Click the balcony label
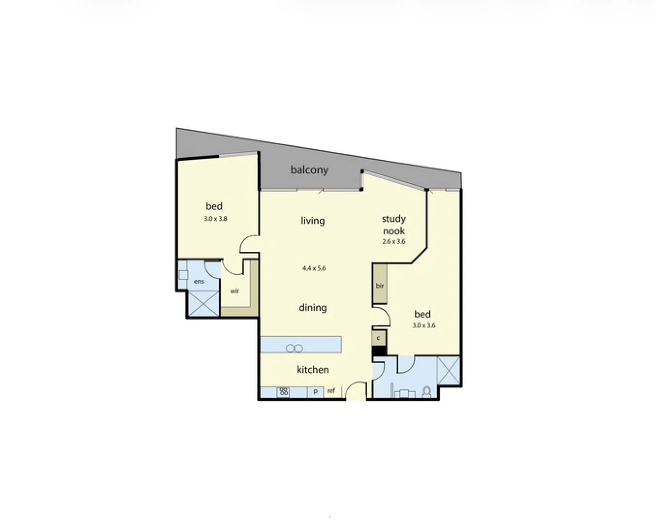309,170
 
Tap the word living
312,221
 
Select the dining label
312,307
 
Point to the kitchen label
312,370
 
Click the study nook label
393,225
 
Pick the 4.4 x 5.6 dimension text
314,268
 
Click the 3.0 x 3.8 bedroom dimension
215,219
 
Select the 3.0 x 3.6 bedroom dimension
423,326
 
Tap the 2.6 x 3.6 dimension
393,242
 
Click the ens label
199,282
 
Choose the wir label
234,291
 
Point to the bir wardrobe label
380,286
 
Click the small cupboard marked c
378,338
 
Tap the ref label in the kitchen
331,391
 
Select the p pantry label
315,392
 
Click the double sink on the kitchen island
294,348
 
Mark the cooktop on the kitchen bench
283,392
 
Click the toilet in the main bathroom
427,391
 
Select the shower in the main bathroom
448,370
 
